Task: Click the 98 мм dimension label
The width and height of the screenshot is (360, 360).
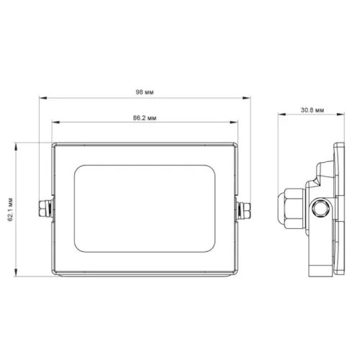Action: (145, 92)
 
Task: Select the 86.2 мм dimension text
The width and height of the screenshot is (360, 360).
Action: (145, 118)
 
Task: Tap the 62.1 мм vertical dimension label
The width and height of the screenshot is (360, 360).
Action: (10, 210)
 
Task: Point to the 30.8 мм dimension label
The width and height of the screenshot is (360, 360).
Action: (312, 110)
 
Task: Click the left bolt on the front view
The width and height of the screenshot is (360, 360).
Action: (46, 209)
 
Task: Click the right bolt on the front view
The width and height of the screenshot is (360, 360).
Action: (243, 210)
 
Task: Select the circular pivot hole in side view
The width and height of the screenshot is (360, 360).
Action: (321, 209)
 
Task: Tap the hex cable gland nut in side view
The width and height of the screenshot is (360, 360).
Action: (294, 208)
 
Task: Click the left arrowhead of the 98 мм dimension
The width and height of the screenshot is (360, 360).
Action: (42, 98)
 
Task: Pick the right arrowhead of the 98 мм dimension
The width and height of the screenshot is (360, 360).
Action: (246, 98)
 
